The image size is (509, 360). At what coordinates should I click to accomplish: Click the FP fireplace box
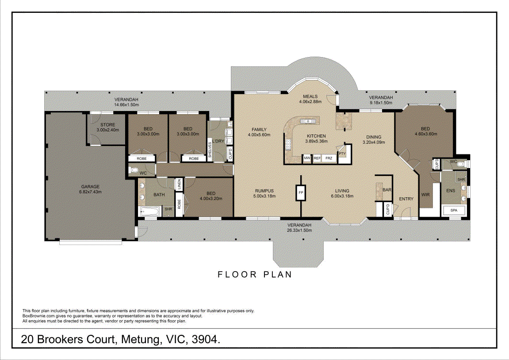coord(301,193)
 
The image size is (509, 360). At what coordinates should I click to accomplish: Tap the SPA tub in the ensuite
coord(454,211)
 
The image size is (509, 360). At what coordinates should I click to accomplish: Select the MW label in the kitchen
coord(307,158)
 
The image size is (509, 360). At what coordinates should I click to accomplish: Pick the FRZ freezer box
coord(329,158)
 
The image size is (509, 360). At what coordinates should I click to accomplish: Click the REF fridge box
coord(317,158)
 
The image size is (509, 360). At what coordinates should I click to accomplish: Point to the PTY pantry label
coord(342,153)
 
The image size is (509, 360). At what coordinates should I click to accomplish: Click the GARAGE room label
coord(90,187)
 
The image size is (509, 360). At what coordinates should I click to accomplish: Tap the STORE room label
coord(108,125)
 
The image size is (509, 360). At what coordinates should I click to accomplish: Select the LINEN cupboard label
coord(179,185)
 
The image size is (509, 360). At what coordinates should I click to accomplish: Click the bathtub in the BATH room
coord(149,212)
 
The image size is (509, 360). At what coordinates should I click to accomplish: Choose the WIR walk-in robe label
coord(425,195)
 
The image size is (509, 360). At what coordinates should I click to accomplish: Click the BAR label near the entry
coord(387,190)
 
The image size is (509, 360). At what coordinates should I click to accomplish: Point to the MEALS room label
coord(310,96)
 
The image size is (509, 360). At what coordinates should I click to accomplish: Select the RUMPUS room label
coord(264,191)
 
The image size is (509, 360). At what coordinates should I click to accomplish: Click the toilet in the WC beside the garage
coord(134,170)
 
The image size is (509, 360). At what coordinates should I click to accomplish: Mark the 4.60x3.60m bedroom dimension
coord(425,134)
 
